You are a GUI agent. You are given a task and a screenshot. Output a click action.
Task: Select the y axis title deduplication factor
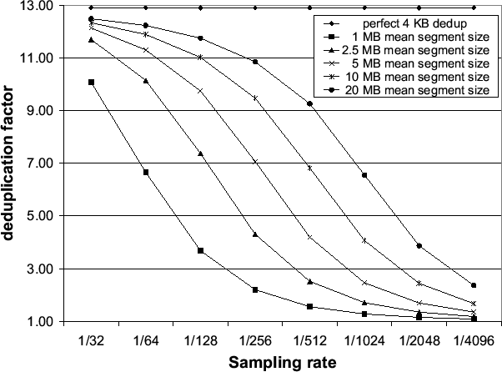coord(9,164)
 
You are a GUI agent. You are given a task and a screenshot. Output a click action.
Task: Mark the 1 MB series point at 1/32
coord(91,83)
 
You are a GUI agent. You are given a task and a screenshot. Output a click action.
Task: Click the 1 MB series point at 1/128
coord(200,251)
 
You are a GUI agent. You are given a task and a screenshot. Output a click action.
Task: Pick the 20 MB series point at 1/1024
coord(364,175)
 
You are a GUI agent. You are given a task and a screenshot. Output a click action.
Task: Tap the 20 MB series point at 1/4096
coord(473,285)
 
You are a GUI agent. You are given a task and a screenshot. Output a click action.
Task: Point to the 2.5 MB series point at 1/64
coord(146,81)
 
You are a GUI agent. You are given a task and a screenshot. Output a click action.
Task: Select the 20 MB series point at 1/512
coord(309,103)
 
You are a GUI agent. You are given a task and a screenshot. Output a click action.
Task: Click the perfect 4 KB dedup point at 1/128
coord(200,8)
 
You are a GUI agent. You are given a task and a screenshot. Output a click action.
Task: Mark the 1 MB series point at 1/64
coord(146,173)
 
